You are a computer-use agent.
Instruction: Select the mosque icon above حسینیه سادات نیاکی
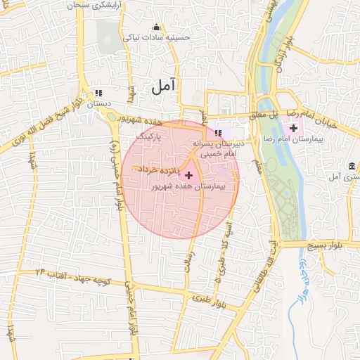156,27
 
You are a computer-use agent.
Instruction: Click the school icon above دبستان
98,93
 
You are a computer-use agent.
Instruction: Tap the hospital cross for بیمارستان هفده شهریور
188,174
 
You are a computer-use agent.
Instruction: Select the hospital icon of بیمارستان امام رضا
293,128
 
